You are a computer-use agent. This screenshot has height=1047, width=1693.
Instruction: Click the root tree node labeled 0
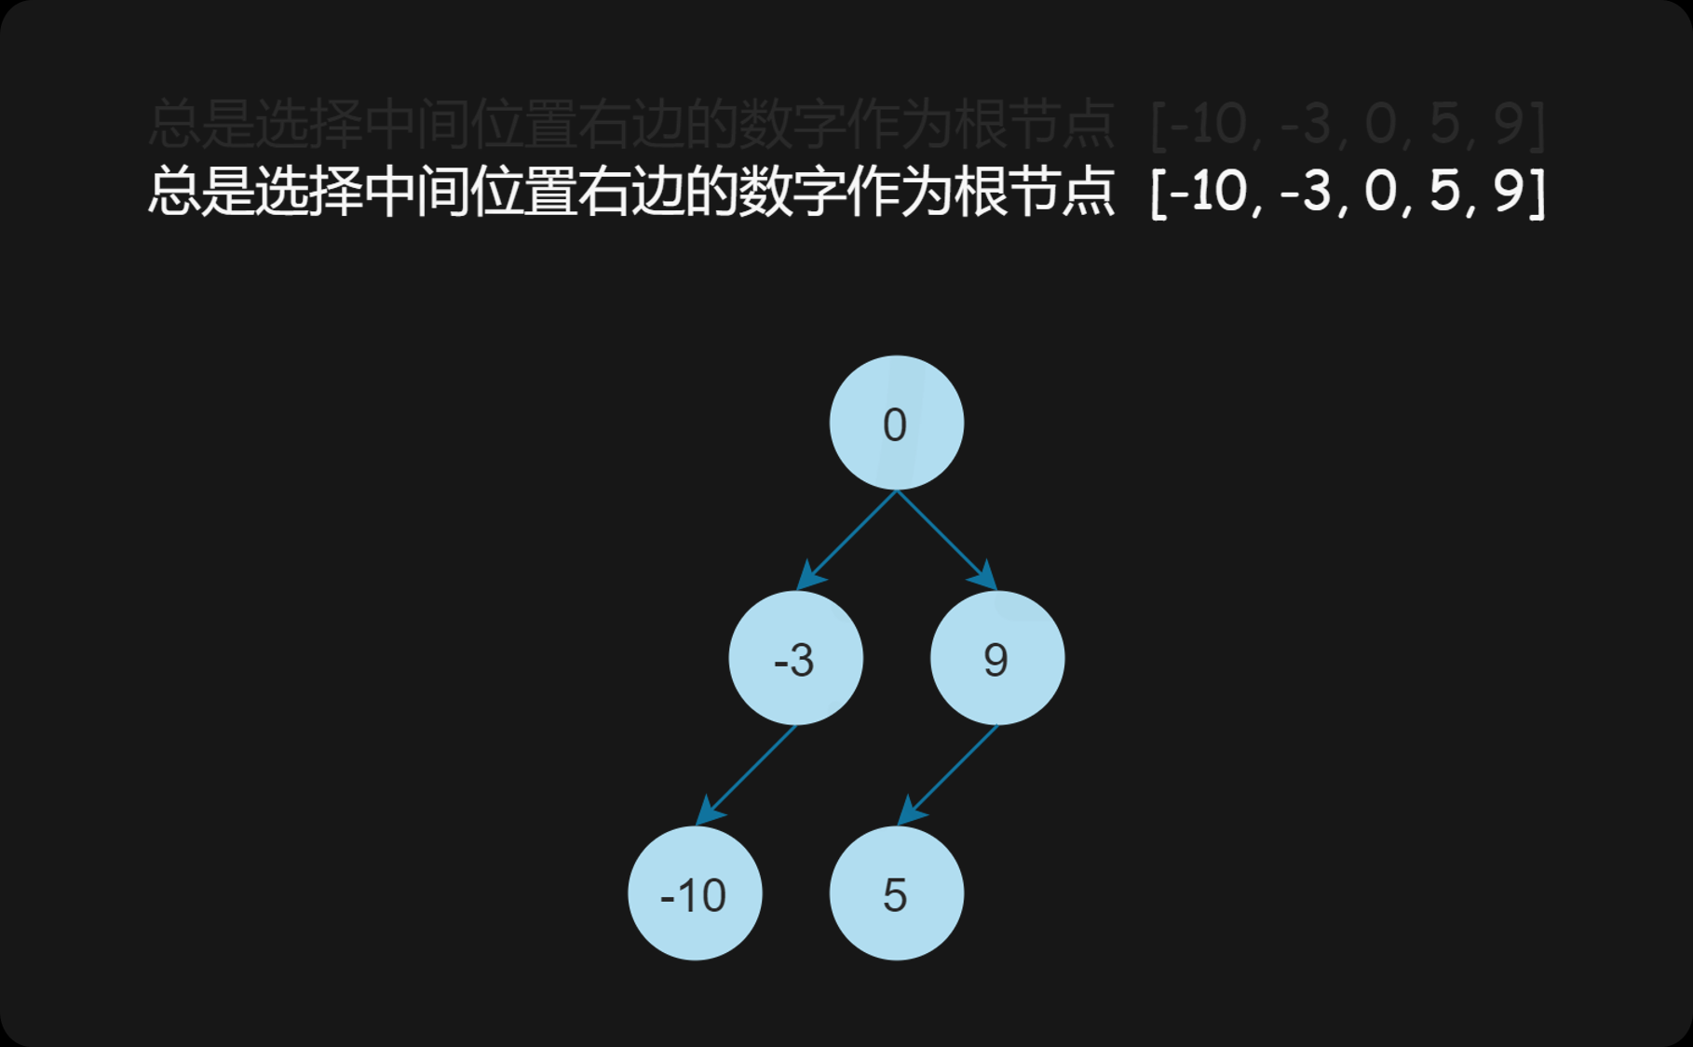(x=896, y=423)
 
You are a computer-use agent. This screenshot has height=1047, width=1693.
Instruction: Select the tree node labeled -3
(x=795, y=658)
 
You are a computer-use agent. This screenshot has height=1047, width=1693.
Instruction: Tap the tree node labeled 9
(x=996, y=658)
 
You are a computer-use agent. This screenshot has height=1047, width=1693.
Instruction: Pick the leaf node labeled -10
(x=695, y=893)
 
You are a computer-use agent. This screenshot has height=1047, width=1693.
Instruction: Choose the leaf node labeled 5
(x=896, y=893)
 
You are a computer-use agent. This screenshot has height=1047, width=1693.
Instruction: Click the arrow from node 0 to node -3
(x=847, y=540)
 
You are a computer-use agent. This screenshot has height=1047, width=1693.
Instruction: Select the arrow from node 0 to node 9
(x=944, y=540)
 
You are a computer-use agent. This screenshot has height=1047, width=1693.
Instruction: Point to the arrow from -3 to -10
(x=747, y=775)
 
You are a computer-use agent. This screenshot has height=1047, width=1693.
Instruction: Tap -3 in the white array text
(x=1307, y=191)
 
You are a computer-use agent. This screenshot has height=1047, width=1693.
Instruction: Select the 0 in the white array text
(x=1380, y=191)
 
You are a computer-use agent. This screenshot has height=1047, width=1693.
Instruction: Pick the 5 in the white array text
(x=1443, y=191)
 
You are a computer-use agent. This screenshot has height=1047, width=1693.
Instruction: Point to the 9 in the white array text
(x=1508, y=191)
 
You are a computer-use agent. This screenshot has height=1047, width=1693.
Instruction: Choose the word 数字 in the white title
(x=792, y=191)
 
